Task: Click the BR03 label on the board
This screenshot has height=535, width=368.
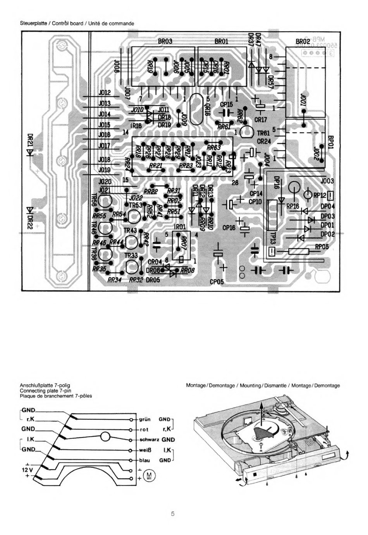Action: click(165, 41)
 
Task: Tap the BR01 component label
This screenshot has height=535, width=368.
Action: click(221, 41)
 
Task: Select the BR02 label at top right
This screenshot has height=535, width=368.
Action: click(303, 42)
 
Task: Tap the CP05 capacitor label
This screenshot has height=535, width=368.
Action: click(217, 282)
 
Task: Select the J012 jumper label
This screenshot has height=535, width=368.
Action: click(105, 93)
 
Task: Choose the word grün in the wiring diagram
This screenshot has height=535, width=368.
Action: click(145, 419)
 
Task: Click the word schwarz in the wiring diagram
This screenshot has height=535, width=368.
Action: click(149, 440)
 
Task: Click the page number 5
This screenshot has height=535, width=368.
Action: click(173, 514)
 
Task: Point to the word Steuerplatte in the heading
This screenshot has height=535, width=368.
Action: click(34, 23)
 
